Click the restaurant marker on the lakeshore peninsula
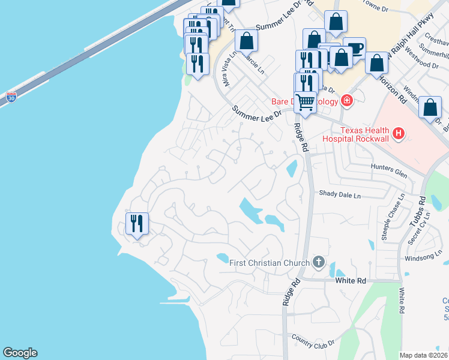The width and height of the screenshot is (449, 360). click(137, 224)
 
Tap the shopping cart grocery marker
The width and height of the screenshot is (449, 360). click(306, 103)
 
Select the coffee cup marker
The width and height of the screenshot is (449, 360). click(356, 49)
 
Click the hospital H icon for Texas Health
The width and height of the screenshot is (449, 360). click(397, 132)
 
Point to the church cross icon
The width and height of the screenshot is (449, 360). click(318, 262)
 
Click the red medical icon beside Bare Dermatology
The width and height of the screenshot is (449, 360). click(346, 100)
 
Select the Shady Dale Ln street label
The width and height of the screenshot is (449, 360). click(340, 195)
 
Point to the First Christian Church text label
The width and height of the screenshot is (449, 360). click(270, 262)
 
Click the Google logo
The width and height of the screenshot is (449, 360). click(20, 353)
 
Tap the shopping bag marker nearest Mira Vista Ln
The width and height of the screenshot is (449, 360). click(246, 41)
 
